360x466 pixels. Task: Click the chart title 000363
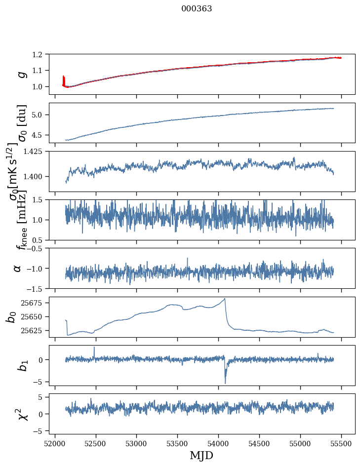pos(197,9)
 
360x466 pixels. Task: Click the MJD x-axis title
pos(201,455)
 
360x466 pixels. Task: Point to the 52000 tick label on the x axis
pos(55,443)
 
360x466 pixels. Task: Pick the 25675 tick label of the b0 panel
pos(35,303)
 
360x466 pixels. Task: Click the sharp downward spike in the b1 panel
pos(225,383)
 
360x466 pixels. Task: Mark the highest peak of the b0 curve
pos(225,299)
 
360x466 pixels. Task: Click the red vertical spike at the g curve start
pos(64,79)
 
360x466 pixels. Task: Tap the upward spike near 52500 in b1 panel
pos(94,348)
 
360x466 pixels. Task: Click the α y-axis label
pos(18,268)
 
